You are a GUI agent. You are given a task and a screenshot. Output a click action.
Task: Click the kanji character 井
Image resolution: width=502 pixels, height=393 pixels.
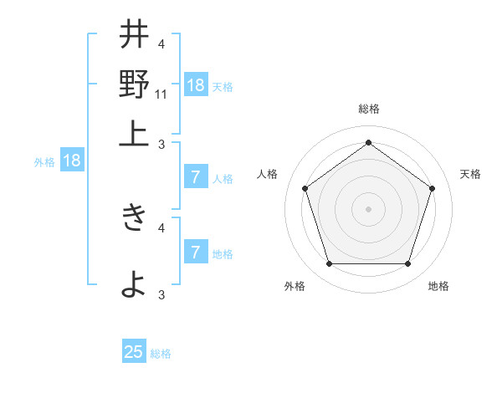(134, 35)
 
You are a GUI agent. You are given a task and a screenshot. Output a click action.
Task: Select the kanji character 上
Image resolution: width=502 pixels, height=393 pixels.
(134, 132)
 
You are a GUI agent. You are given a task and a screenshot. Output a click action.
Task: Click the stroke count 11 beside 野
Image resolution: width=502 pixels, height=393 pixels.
(161, 94)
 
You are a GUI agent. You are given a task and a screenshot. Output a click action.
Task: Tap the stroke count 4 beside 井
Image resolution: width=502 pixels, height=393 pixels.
(161, 43)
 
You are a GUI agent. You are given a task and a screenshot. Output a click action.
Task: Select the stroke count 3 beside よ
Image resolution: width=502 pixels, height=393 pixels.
(161, 294)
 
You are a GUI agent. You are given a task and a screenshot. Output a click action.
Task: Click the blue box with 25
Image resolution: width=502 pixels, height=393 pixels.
(134, 352)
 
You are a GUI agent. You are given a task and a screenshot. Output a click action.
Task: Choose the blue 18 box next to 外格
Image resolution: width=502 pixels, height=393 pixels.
(72, 161)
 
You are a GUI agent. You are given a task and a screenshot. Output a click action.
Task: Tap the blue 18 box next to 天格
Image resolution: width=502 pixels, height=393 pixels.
(196, 84)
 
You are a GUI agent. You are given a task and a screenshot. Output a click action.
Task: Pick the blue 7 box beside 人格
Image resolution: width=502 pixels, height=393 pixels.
(196, 177)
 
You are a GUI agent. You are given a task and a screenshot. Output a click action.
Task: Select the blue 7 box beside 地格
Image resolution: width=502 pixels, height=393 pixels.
(196, 253)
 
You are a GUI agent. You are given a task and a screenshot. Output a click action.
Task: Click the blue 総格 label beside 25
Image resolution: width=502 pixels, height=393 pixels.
(161, 354)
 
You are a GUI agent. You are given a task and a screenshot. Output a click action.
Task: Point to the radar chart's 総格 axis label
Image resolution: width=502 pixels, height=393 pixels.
(368, 110)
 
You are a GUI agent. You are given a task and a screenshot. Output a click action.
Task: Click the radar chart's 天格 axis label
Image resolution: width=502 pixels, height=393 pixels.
(470, 174)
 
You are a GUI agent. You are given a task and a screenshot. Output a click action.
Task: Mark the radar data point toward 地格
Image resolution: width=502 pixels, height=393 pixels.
(407, 264)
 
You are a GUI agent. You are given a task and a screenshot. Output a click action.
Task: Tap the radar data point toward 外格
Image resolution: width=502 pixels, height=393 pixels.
(329, 264)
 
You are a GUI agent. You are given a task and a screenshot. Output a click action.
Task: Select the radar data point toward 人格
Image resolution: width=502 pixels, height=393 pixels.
(305, 188)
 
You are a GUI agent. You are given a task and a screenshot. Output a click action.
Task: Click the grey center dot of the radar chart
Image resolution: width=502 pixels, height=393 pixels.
(368, 208)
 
